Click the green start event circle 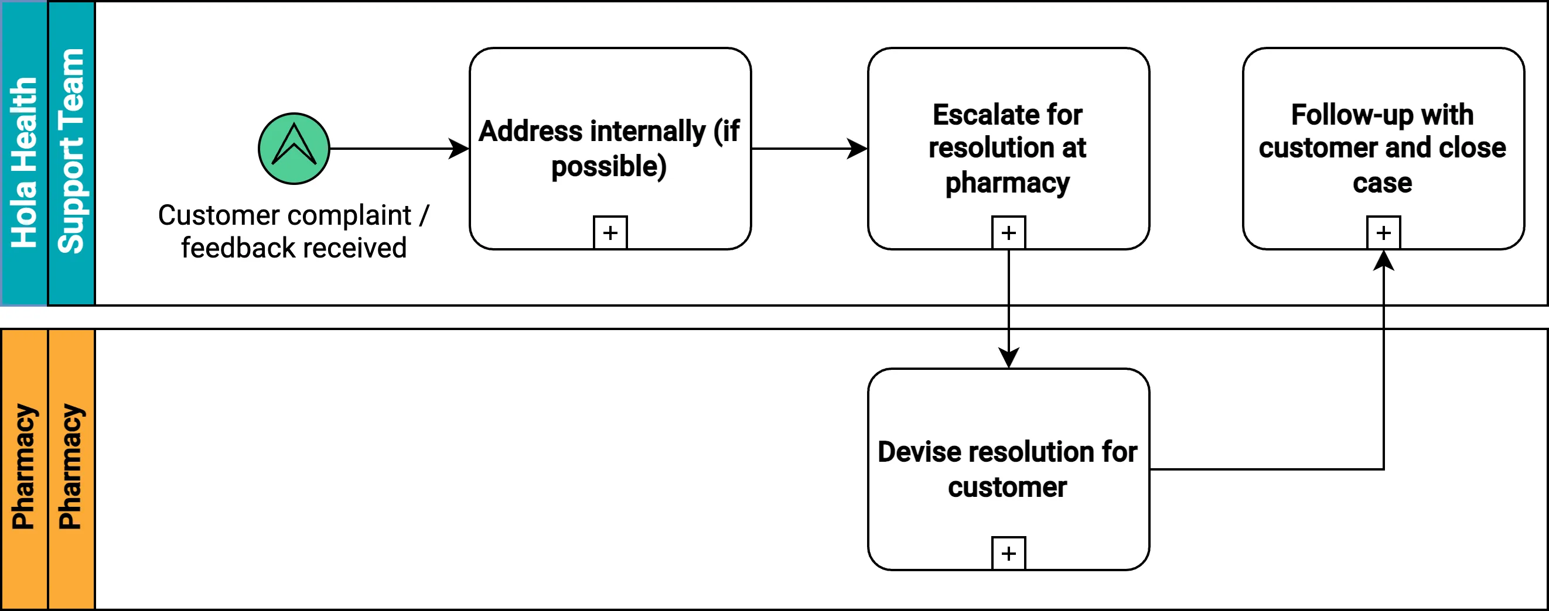[294, 149]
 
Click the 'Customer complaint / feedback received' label [294, 231]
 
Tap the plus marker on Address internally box [610, 232]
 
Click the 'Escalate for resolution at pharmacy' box [1008, 84]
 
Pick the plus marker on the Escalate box [1008, 232]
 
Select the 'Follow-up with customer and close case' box [1383, 84]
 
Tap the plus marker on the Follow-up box [1383, 232]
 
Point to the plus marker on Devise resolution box [1008, 552]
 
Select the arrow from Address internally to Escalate [806, 149]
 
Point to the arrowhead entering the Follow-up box [1383, 260]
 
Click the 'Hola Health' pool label [24, 162]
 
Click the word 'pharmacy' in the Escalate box [1007, 183]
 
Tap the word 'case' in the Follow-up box [1382, 183]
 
